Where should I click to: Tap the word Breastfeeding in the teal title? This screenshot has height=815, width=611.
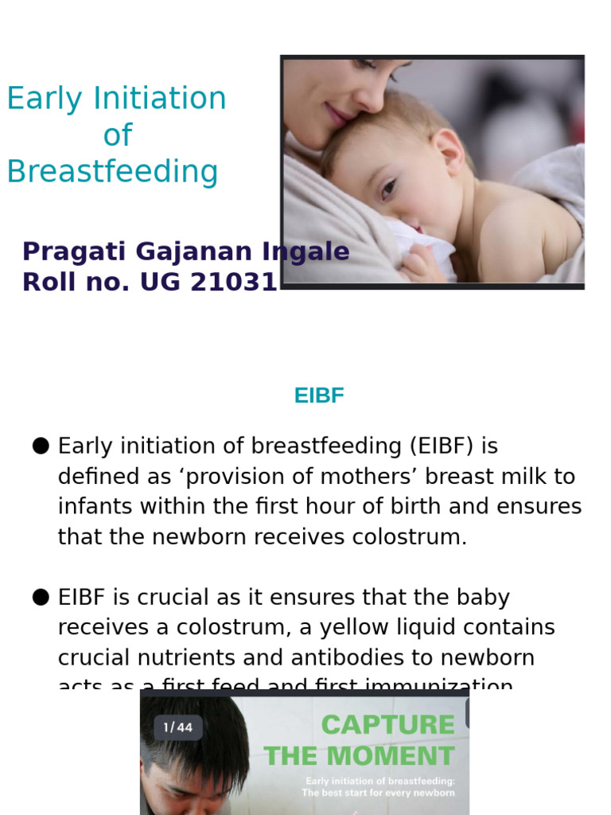[x=112, y=171]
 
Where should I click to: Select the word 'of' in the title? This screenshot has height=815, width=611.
[x=117, y=135]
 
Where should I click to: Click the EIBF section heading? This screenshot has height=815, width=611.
[x=318, y=396]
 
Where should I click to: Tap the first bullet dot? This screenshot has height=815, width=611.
[x=41, y=446]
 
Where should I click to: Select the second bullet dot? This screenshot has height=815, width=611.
[x=41, y=598]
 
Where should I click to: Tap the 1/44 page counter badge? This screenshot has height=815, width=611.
[x=178, y=727]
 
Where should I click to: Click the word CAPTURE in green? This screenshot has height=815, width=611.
[x=387, y=725]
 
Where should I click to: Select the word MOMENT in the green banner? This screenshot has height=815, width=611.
[x=402, y=756]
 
